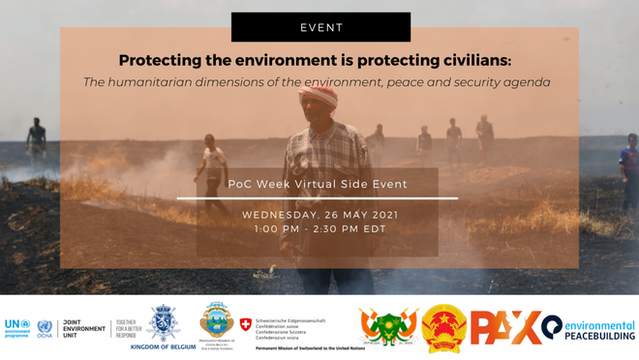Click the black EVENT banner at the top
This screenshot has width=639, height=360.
pyautogui.click(x=320, y=27)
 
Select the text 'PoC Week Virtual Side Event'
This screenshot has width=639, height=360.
pyautogui.click(x=318, y=184)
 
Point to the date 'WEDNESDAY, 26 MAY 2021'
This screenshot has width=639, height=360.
pyautogui.click(x=319, y=214)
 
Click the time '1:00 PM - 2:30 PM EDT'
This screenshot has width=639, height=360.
pyautogui.click(x=319, y=229)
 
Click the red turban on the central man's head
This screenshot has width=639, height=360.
pyautogui.click(x=319, y=95)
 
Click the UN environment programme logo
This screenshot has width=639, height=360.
pyautogui.click(x=17, y=328)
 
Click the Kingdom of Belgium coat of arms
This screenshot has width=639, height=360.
pyautogui.click(x=163, y=323)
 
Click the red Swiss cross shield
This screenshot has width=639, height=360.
pyautogui.click(x=246, y=324)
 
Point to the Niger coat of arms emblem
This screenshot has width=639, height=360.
pyautogui.click(x=388, y=327)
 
